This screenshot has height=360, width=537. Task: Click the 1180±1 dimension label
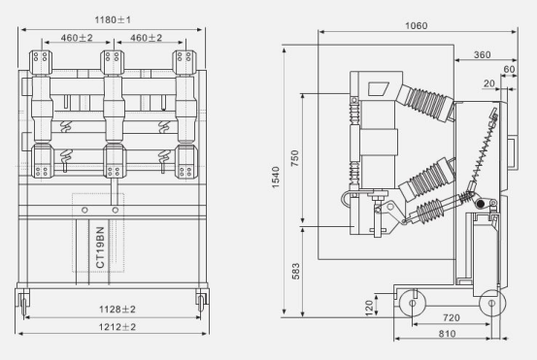coord(113,19)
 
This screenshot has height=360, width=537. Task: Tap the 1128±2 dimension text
coord(117,310)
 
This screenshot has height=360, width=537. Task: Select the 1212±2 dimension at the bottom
coord(117,327)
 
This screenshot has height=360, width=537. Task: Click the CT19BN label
coord(100,247)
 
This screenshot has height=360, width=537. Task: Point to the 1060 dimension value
coord(417,25)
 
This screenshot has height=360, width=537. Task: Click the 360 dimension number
coord(483,54)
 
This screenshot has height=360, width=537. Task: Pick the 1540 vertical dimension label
coord(276,178)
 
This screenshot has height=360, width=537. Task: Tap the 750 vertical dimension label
coord(295,158)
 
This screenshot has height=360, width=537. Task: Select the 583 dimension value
coord(295,271)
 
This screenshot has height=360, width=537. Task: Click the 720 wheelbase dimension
coord(451,318)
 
